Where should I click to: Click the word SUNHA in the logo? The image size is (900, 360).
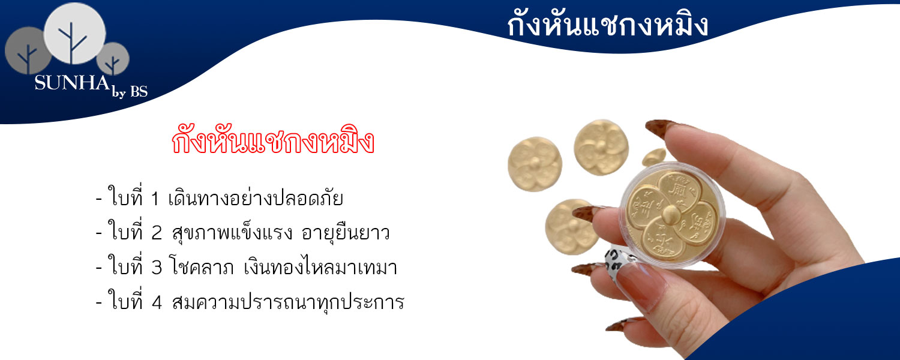point(72,83)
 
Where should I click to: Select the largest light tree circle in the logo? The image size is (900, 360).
point(75,33)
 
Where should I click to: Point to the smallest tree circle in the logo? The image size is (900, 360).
point(113,59)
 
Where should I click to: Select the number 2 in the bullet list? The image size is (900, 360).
point(156,233)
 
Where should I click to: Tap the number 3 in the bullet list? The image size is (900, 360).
point(156,268)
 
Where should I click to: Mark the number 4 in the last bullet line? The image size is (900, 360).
point(157,302)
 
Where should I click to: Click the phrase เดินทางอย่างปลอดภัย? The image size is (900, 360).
point(256,199)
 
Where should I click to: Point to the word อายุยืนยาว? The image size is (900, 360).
point(346,233)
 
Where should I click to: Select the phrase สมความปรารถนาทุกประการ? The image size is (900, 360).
point(287,302)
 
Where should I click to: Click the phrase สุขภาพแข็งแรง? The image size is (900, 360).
point(232,232)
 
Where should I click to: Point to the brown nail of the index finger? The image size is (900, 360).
point(662,128)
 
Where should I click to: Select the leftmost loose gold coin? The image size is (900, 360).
point(535,164)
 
